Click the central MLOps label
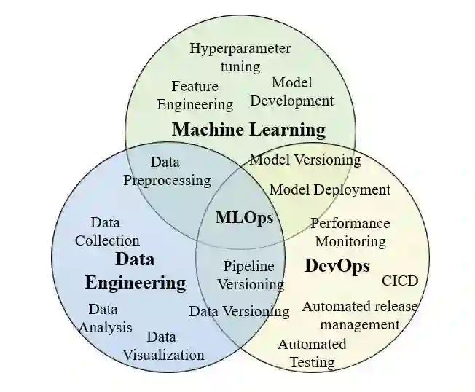tap(244, 217)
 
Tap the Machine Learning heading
tap(248, 130)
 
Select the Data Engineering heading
tap(135, 271)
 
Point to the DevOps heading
tap(337, 265)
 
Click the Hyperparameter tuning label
tap(240, 58)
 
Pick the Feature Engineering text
tap(195, 95)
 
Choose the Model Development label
tap(292, 92)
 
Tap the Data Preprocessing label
tap(167, 171)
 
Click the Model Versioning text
tap(305, 160)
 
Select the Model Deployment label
tap(330, 189)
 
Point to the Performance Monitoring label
tap(350, 232)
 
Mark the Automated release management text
tap(360, 315)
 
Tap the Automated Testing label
tap(312, 353)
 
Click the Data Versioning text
tap(239, 311)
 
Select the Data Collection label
tap(107, 231)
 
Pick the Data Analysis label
tap(105, 318)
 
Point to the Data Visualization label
tap(163, 346)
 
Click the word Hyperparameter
tap(240, 49)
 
